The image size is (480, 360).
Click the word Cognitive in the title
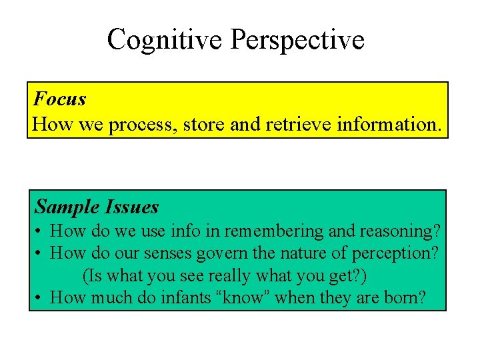[x=165, y=40]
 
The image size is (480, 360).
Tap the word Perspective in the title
[x=297, y=40]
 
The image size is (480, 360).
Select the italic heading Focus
[x=60, y=99]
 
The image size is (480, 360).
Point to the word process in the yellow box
[x=143, y=125]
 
